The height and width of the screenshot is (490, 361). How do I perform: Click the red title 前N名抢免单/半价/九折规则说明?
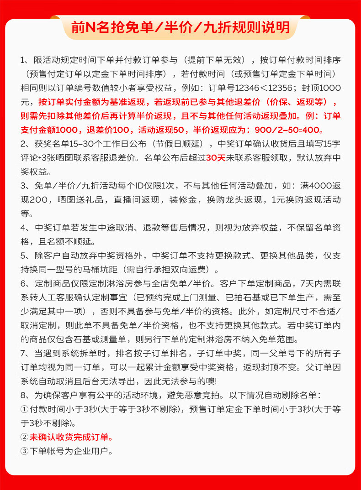point(180,28)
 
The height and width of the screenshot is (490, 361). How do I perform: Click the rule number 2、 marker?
point(25,145)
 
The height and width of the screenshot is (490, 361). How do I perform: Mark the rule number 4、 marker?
point(25,228)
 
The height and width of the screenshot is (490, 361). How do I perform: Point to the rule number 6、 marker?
point(25,283)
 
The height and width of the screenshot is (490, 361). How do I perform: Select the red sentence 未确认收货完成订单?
point(71,438)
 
